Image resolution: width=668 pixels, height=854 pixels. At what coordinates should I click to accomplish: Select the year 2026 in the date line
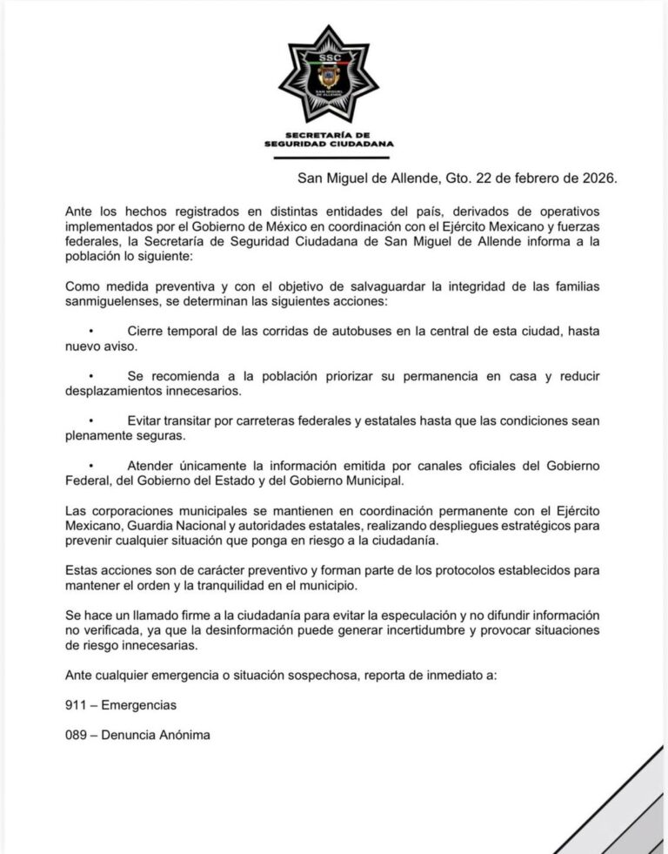[x=597, y=178]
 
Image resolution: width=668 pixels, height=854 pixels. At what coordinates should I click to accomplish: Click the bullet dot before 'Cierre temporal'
[x=90, y=332]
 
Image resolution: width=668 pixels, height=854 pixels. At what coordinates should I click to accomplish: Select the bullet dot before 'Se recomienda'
[x=90, y=376]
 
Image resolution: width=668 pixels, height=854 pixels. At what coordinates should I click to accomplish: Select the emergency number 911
[x=77, y=705]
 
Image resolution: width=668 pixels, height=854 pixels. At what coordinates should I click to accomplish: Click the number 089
[x=77, y=735]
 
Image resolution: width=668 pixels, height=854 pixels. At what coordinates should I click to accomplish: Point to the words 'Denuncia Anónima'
[x=156, y=735]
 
